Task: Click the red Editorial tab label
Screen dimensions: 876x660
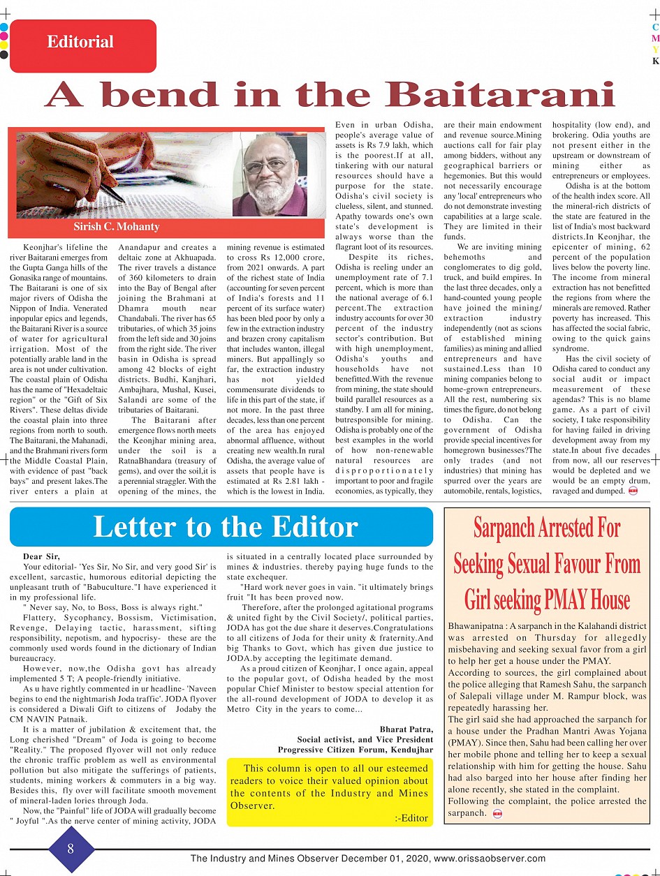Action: coord(80,42)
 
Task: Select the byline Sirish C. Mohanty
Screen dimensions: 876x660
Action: coord(117,227)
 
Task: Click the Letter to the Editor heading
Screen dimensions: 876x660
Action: coord(226,527)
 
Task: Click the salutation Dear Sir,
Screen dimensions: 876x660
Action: coord(41,556)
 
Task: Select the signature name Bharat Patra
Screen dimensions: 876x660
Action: coord(406,729)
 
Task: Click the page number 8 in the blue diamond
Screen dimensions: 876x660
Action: coord(71,849)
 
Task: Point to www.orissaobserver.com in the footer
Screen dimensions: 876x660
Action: coord(490,859)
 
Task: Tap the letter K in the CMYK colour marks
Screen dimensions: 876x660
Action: coord(655,61)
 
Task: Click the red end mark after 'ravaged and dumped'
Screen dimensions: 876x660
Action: coord(633,491)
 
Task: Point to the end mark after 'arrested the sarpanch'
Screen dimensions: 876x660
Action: coord(497,814)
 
